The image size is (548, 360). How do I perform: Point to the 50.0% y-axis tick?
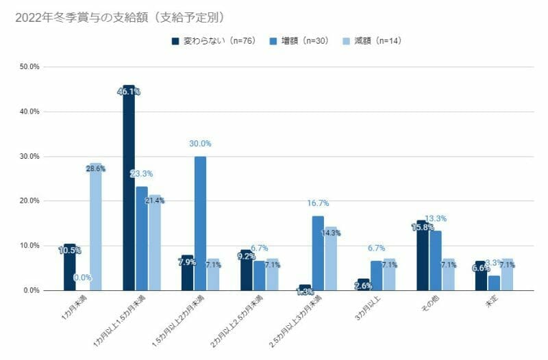(x=30, y=67)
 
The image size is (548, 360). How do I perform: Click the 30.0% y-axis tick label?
(x=30, y=157)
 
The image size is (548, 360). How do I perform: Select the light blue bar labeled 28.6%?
(x=95, y=227)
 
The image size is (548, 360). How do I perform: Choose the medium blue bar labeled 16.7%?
(x=318, y=253)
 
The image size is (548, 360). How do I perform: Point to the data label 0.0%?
(x=82, y=278)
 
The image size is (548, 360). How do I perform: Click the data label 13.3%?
(x=436, y=219)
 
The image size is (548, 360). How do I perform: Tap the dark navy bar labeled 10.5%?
(x=69, y=268)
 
